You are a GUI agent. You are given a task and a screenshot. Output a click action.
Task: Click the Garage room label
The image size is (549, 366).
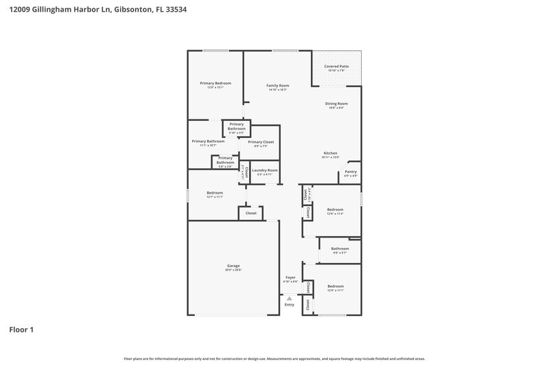[x=233, y=266]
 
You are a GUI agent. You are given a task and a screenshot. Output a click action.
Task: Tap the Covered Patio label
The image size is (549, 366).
[x=336, y=67]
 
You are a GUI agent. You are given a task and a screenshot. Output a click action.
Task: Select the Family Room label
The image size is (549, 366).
[x=277, y=85]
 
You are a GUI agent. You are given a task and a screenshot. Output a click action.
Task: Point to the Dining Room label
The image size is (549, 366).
[x=336, y=104]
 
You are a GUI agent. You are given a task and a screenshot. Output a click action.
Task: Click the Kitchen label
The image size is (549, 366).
[x=330, y=153]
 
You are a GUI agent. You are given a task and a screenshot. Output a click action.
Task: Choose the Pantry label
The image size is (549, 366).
[x=350, y=172]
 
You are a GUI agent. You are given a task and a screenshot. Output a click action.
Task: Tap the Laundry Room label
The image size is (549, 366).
[x=265, y=170]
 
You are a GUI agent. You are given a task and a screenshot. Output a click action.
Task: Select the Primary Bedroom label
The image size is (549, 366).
[x=215, y=83]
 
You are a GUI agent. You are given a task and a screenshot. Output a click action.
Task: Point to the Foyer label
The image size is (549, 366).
[x=290, y=277]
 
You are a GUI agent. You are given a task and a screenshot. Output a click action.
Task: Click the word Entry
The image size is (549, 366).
[x=290, y=304]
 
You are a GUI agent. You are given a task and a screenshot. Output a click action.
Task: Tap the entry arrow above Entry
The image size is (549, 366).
[x=290, y=298]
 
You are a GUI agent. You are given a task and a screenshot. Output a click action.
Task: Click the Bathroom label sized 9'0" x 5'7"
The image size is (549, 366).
[x=340, y=249]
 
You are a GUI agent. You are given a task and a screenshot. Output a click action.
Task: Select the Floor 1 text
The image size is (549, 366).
[x=21, y=330]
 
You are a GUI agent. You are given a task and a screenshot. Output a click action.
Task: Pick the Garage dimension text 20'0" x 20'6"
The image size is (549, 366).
[x=233, y=270]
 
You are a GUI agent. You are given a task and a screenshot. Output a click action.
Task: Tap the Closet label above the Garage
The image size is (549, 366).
[x=251, y=214]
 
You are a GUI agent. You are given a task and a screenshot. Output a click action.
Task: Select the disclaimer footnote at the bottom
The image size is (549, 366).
[x=274, y=358]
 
